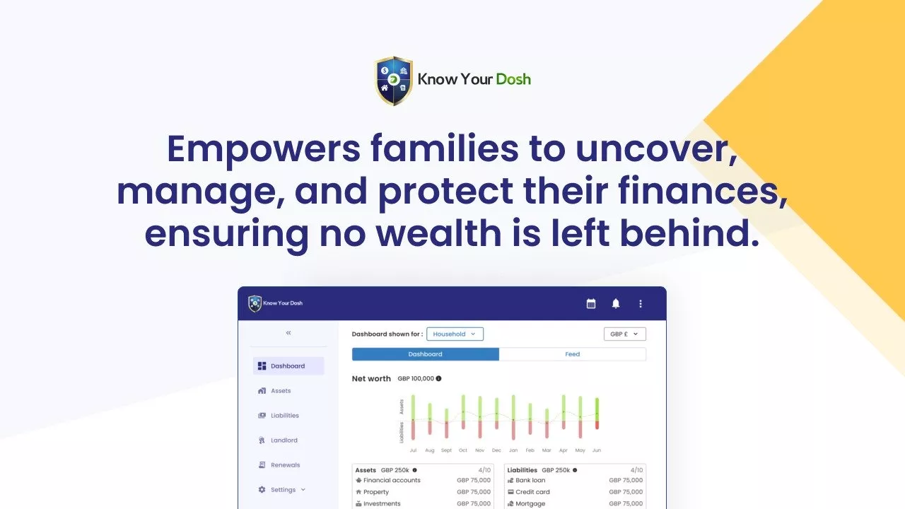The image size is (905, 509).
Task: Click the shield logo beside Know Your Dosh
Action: coord(394,81)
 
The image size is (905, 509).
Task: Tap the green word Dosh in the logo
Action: coord(513,79)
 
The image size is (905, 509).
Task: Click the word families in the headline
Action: coord(445,148)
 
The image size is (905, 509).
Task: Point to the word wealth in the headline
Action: coord(439,233)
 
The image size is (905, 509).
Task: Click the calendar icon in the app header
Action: coord(590,303)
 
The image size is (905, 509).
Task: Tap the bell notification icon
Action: coord(615,303)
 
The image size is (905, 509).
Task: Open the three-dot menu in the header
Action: coord(641,303)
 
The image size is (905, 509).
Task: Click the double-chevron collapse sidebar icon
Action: coord(288,333)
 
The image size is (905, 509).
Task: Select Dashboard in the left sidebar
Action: coord(288,366)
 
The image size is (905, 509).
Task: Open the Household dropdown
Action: coord(455,334)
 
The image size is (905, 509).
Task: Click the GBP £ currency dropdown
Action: coord(624,334)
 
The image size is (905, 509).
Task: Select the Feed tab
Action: coord(573,354)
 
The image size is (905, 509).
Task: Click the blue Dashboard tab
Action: coord(426,354)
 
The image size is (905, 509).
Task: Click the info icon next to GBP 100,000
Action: coord(439,378)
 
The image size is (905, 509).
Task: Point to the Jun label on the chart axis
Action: coord(597,450)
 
